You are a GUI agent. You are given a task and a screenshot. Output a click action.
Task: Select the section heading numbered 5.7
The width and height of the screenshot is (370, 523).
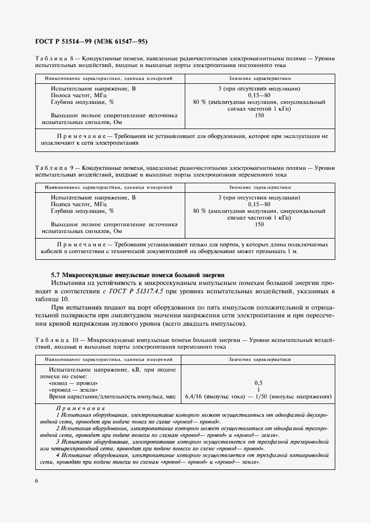click(x=138, y=275)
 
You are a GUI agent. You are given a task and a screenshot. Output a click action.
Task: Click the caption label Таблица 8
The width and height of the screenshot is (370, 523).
click(x=54, y=58)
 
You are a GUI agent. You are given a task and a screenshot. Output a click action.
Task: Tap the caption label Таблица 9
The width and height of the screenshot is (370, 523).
click(x=54, y=168)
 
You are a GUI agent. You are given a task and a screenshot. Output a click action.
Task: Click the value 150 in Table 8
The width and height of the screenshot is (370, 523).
click(x=259, y=115)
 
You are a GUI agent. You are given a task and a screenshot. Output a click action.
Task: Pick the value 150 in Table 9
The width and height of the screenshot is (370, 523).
click(x=259, y=224)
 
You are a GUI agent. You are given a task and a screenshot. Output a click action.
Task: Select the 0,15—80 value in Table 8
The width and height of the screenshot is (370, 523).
click(x=259, y=96)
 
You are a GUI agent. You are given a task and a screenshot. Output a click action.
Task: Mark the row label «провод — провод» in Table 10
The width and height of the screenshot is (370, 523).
click(x=73, y=383)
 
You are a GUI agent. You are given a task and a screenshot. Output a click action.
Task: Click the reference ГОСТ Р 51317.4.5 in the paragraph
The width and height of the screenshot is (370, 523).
click(x=135, y=291)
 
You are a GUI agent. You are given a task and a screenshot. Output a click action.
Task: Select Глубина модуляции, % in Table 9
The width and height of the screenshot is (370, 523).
click(x=82, y=211)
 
